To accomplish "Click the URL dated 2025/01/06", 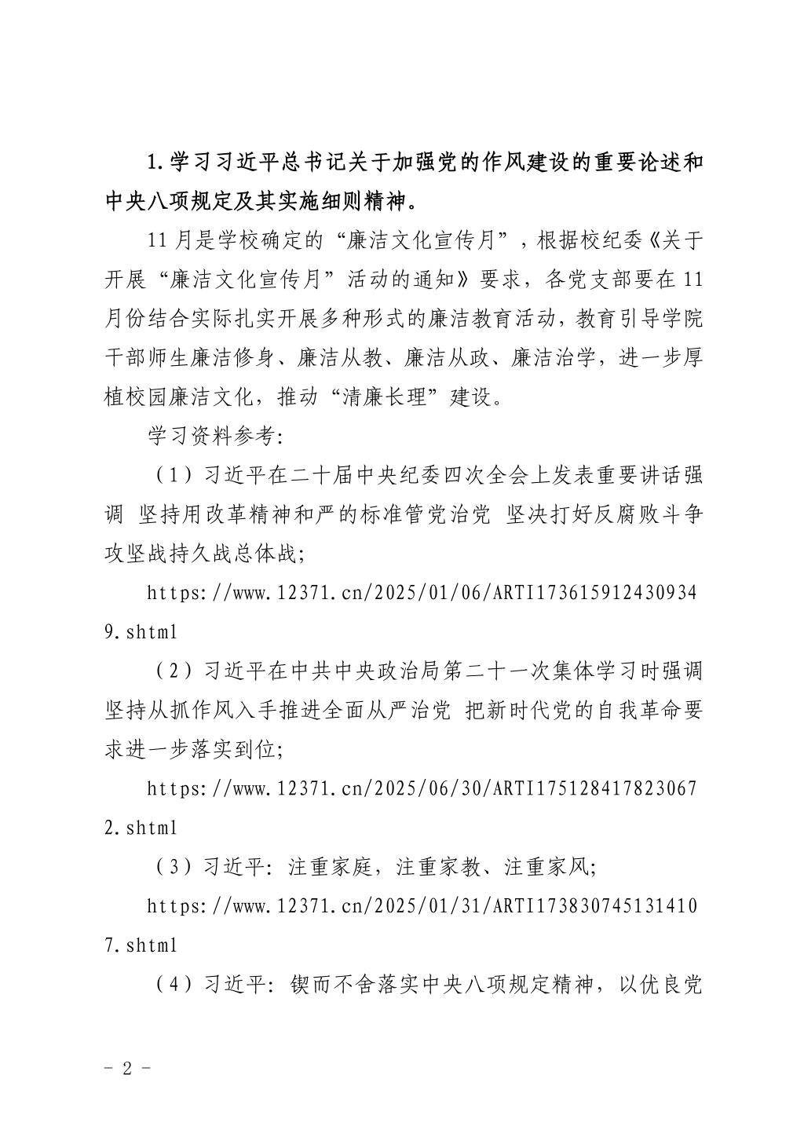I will pyautogui.click(x=422, y=594).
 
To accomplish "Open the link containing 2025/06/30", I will pyautogui.click(x=422, y=789).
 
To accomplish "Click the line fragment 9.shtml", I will pyautogui.click(x=141, y=632).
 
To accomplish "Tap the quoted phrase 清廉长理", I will pyautogui.click(x=385, y=397).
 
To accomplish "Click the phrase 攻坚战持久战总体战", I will pyautogui.click(x=200, y=554).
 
